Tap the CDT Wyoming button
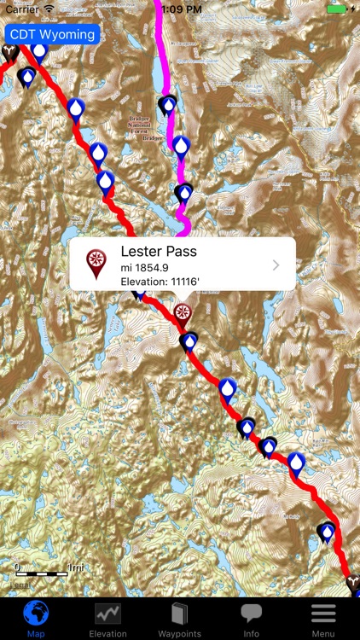(x=52, y=35)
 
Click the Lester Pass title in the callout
(x=159, y=251)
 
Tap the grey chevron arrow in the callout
(x=276, y=265)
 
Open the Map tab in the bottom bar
(x=36, y=619)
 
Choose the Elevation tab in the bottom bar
(x=107, y=619)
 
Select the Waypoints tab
(x=179, y=619)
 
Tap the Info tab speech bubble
(x=251, y=619)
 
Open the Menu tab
(x=322, y=619)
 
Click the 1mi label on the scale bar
(x=75, y=567)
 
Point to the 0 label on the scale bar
(x=17, y=567)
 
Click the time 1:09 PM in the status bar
(x=180, y=8)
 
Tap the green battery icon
(x=338, y=8)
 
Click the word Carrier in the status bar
(x=22, y=8)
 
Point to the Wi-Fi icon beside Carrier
(x=49, y=8)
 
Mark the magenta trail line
(x=162, y=51)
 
